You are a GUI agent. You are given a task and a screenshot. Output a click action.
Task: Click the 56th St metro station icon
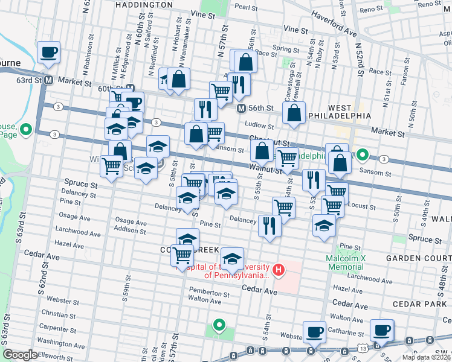coord(241,109)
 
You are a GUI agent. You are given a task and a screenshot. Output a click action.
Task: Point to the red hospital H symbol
coord(278,269)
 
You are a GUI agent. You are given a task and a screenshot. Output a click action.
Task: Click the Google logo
coord(20,355)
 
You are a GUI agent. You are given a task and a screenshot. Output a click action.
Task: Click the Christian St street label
coord(59,313)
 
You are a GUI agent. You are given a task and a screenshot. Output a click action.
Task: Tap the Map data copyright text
coord(427,357)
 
